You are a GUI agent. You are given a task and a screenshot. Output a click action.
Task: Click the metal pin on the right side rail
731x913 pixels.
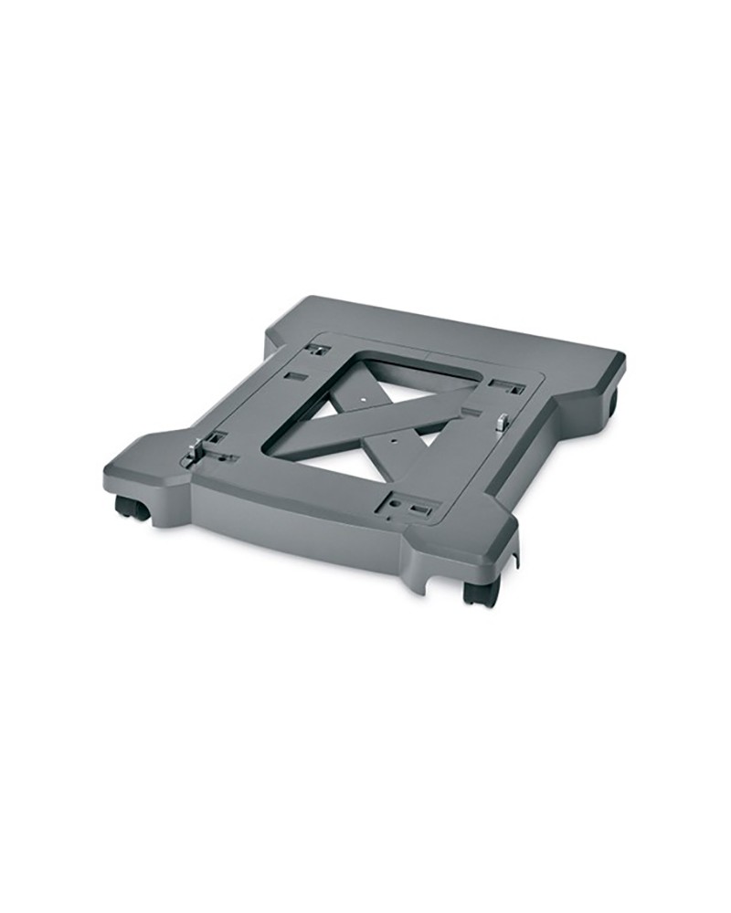[502, 422]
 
